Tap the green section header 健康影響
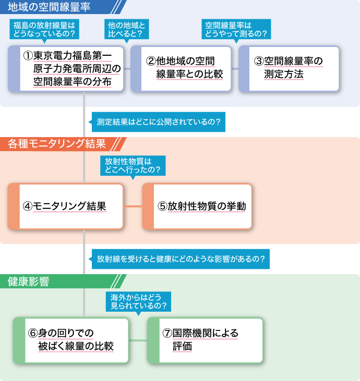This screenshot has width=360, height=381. (29, 281)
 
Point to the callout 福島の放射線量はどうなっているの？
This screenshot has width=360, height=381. (44, 30)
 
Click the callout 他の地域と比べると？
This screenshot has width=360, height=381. (125, 30)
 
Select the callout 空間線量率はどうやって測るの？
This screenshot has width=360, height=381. (236, 30)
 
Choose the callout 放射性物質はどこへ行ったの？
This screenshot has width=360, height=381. (133, 166)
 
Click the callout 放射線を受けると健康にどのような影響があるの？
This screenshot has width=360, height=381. (180, 259)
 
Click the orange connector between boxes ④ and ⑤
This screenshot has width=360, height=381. (133, 206)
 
